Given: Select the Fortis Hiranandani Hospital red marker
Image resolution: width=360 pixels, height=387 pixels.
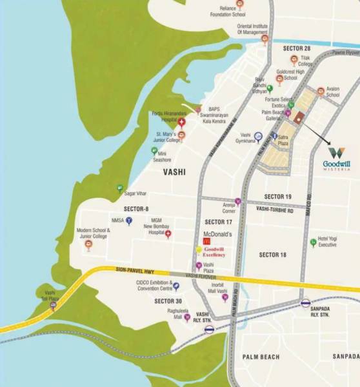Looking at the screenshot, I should tap(182, 122).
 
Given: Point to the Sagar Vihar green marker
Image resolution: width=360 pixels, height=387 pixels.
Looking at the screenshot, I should tap(119, 188).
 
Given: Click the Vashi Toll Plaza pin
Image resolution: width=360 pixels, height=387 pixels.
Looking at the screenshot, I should tap(53, 306).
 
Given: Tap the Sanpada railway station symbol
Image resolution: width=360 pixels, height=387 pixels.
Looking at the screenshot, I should tap(305, 303).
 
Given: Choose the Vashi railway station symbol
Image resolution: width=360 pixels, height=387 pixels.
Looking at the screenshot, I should tap(208, 329).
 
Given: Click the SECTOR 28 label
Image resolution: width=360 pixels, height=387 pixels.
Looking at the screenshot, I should tap(296, 48).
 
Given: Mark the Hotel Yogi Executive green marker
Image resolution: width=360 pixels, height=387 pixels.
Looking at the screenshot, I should tap(313, 242).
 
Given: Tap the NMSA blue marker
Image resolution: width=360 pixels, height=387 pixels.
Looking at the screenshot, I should tap(129, 220).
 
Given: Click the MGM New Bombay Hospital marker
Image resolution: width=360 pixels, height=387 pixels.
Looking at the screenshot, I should tap(168, 233).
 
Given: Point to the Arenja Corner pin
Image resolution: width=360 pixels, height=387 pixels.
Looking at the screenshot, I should tap(238, 201).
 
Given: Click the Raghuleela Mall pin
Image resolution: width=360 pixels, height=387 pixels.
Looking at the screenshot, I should tap(187, 317).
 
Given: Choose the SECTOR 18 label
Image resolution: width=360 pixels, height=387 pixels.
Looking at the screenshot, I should tap(272, 255).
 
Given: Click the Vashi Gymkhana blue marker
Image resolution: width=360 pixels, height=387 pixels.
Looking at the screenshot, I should tap(258, 136).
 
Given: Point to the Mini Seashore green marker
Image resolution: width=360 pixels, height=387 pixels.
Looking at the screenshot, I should tap(154, 150).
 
